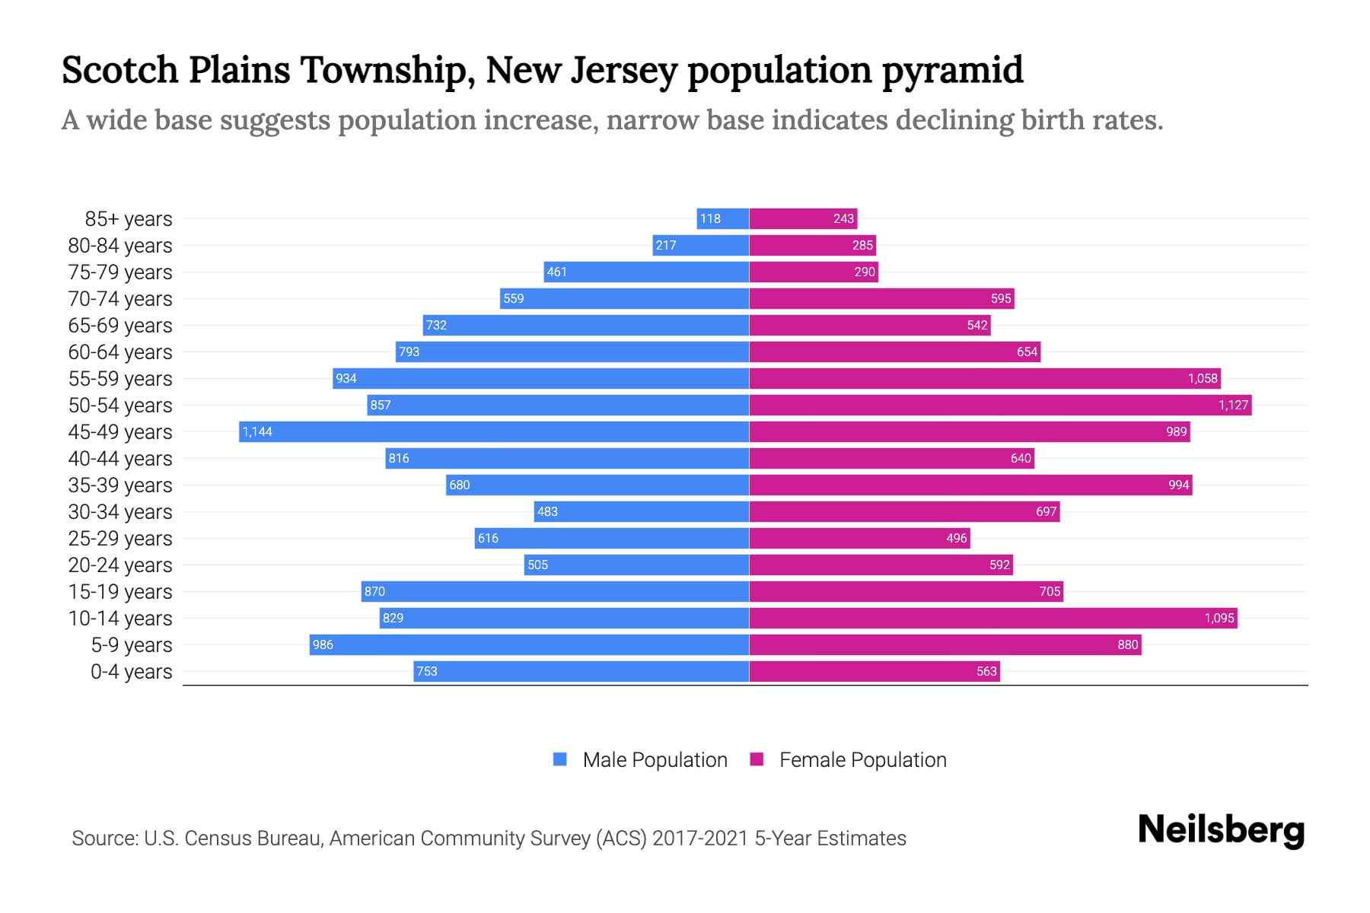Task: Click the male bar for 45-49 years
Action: coord(495,431)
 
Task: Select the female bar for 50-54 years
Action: coord(1000,405)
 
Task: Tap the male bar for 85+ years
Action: coord(723,218)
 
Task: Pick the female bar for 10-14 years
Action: coord(993,618)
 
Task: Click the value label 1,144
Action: coord(257,431)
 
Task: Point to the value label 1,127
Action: coord(1233,405)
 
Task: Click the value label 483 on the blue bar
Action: coord(547,511)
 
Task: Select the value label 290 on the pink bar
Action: coord(865,272)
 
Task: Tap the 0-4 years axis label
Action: coord(132,672)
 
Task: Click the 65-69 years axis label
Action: coord(120,326)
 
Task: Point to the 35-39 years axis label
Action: coord(120,485)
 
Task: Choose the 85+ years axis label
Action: coord(129,219)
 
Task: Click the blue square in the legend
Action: coord(560,759)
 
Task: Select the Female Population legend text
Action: coord(862,759)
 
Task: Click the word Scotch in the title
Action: coord(119,70)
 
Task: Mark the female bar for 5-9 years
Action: coord(945,644)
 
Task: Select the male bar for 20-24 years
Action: coord(636,565)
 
